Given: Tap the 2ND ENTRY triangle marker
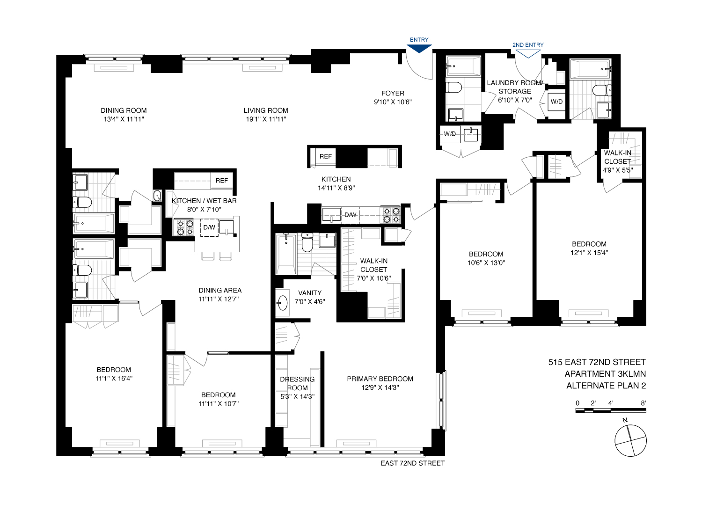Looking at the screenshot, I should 528,53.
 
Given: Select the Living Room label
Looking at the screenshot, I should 266,110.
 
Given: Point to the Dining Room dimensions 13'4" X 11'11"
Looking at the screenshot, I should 124,119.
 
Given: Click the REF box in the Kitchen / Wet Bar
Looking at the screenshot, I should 222,181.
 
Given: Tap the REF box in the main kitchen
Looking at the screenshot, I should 326,156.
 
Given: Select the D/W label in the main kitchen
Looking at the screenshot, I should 350,215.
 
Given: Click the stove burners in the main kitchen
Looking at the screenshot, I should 391,215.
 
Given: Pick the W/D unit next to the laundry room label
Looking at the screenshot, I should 556,102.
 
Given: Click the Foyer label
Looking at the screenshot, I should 393,94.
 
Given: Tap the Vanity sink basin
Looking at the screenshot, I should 282,303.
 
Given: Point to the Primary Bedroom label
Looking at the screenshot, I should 380,379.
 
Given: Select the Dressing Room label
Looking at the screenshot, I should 297,384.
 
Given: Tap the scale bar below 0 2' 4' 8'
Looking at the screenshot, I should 610,411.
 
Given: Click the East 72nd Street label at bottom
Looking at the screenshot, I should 412,463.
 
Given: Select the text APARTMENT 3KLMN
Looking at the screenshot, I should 605,374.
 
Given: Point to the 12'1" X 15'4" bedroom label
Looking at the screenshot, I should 589,253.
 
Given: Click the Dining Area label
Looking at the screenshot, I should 220,291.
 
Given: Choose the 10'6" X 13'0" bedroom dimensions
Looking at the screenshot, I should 486,263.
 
